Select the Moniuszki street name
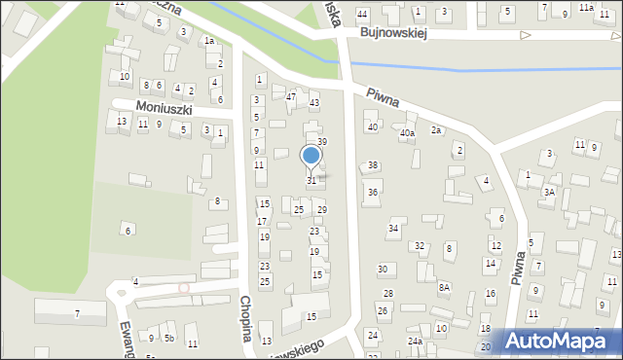pos(165,107)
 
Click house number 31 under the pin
pos(311,180)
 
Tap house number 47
pos(291,96)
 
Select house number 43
pos(314,102)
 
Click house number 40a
pos(407,132)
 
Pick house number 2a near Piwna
pos(437,129)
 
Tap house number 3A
pos(549,192)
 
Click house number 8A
pos(444,287)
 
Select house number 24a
pos(415,341)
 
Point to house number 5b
pos(168,338)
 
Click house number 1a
pos(208,41)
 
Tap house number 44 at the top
pos(362,14)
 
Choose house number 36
pos(373,192)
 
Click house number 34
pos(393,229)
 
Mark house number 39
pos(322,142)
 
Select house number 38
pos(373,165)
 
